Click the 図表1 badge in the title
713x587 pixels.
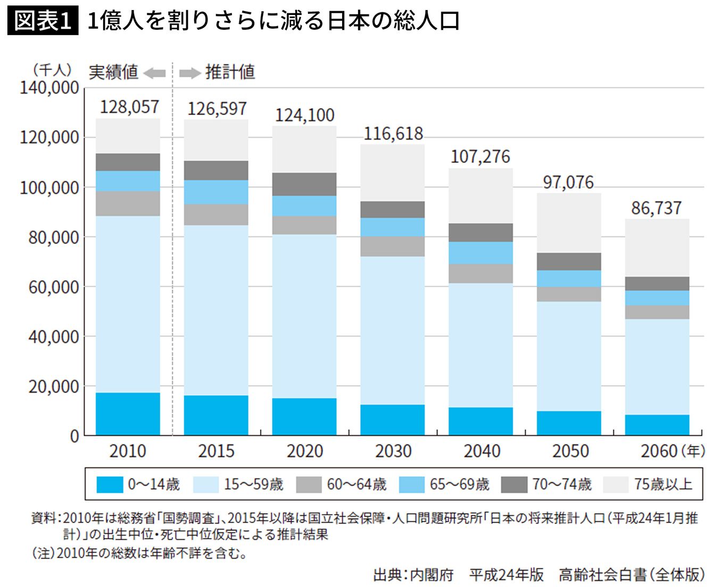(43, 21)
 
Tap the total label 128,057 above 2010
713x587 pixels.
(129, 107)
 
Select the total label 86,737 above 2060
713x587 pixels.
(657, 208)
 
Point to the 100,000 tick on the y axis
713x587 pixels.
(49, 187)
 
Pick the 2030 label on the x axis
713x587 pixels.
(393, 451)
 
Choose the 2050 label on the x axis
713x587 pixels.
(570, 451)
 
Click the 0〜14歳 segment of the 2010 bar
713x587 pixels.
(128, 414)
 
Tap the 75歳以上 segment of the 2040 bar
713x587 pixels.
(480, 195)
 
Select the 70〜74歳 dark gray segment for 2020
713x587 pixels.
(304, 184)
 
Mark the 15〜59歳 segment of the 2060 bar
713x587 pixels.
(657, 366)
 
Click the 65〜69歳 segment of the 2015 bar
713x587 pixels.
(216, 192)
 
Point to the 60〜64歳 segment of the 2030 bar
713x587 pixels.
(393, 246)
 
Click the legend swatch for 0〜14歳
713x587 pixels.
(110, 484)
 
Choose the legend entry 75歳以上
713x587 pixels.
(663, 484)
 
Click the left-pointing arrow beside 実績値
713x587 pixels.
(155, 73)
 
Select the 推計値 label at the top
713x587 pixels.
(230, 72)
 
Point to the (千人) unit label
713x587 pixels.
(52, 70)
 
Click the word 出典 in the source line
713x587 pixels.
(387, 575)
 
